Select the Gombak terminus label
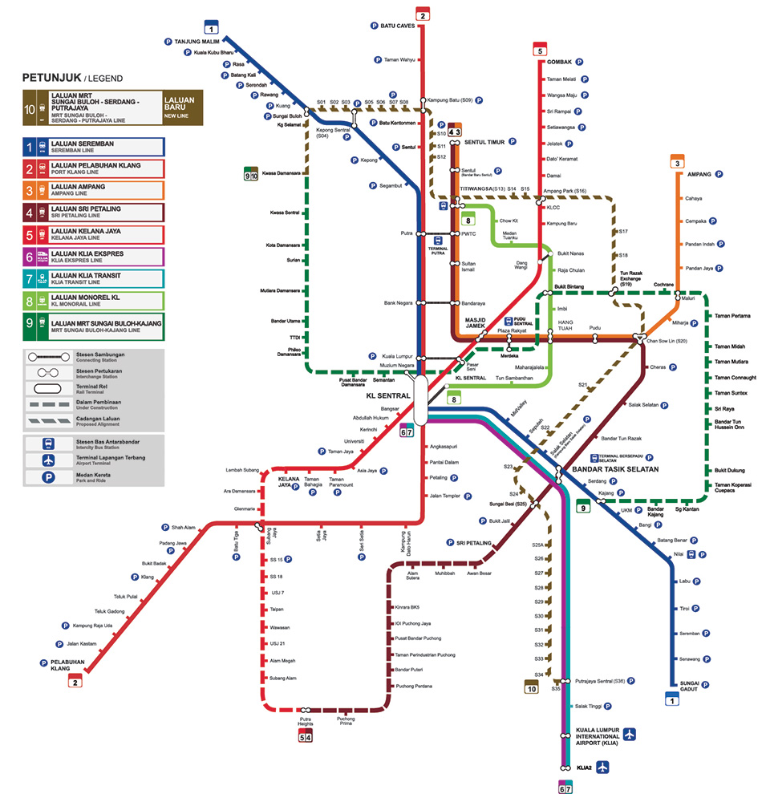point(559,62)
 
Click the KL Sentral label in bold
point(388,396)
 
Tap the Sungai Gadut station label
point(683,687)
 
